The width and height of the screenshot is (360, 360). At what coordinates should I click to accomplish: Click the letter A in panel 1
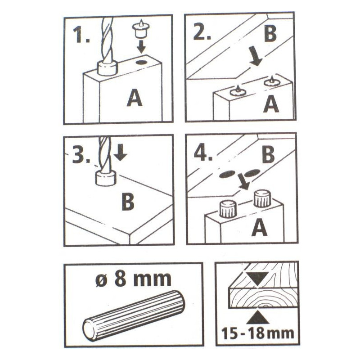(x=135, y=98)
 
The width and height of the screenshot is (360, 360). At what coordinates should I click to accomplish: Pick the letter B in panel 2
(x=270, y=34)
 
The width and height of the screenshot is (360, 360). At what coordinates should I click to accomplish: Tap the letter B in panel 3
(x=128, y=202)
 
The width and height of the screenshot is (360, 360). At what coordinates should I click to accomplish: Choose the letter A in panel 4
(x=260, y=228)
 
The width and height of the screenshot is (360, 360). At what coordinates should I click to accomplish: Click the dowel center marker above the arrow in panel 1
(x=140, y=28)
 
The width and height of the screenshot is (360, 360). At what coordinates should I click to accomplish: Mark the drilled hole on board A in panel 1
(x=142, y=62)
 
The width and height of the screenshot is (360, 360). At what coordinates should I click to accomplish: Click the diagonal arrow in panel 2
(x=256, y=56)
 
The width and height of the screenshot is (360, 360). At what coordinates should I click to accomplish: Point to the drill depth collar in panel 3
(x=106, y=179)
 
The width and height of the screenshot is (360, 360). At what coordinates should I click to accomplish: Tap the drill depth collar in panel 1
(x=107, y=68)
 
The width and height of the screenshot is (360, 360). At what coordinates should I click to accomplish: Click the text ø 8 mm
(x=133, y=279)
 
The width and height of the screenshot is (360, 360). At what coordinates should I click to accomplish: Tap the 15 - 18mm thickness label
(x=257, y=333)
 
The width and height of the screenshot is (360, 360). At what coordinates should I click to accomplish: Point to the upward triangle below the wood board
(x=258, y=318)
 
